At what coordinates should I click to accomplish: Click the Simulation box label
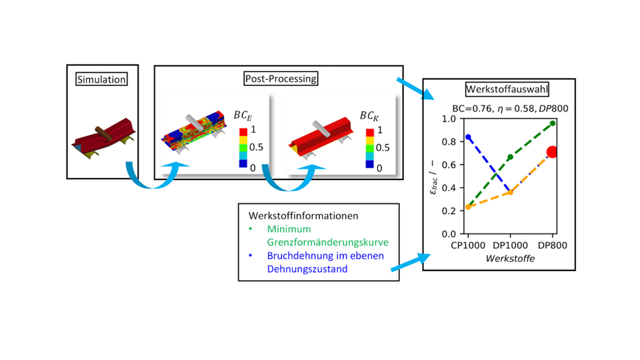coord(102,79)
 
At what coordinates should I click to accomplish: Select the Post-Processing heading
coord(281,78)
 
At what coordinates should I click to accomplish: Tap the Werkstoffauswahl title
coord(507,90)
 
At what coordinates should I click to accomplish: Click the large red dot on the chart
coord(552,152)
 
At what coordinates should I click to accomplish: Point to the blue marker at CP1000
coord(468,137)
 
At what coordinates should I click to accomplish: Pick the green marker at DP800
coord(553,123)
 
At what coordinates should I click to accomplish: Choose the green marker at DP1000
coord(510,157)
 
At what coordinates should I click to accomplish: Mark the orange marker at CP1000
coord(468,207)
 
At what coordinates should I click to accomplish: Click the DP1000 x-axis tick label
coord(510,245)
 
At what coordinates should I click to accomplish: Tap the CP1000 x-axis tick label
coord(468,245)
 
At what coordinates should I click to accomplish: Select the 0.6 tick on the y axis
coord(449,165)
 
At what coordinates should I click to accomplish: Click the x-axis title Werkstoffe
coord(510,258)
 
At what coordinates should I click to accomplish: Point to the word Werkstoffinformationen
coord(303,215)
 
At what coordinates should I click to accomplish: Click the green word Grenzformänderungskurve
coord(328,243)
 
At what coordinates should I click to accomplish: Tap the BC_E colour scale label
coord(243,115)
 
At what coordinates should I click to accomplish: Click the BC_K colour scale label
coord(369,116)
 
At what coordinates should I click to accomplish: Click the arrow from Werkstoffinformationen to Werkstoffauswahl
coord(410,263)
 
